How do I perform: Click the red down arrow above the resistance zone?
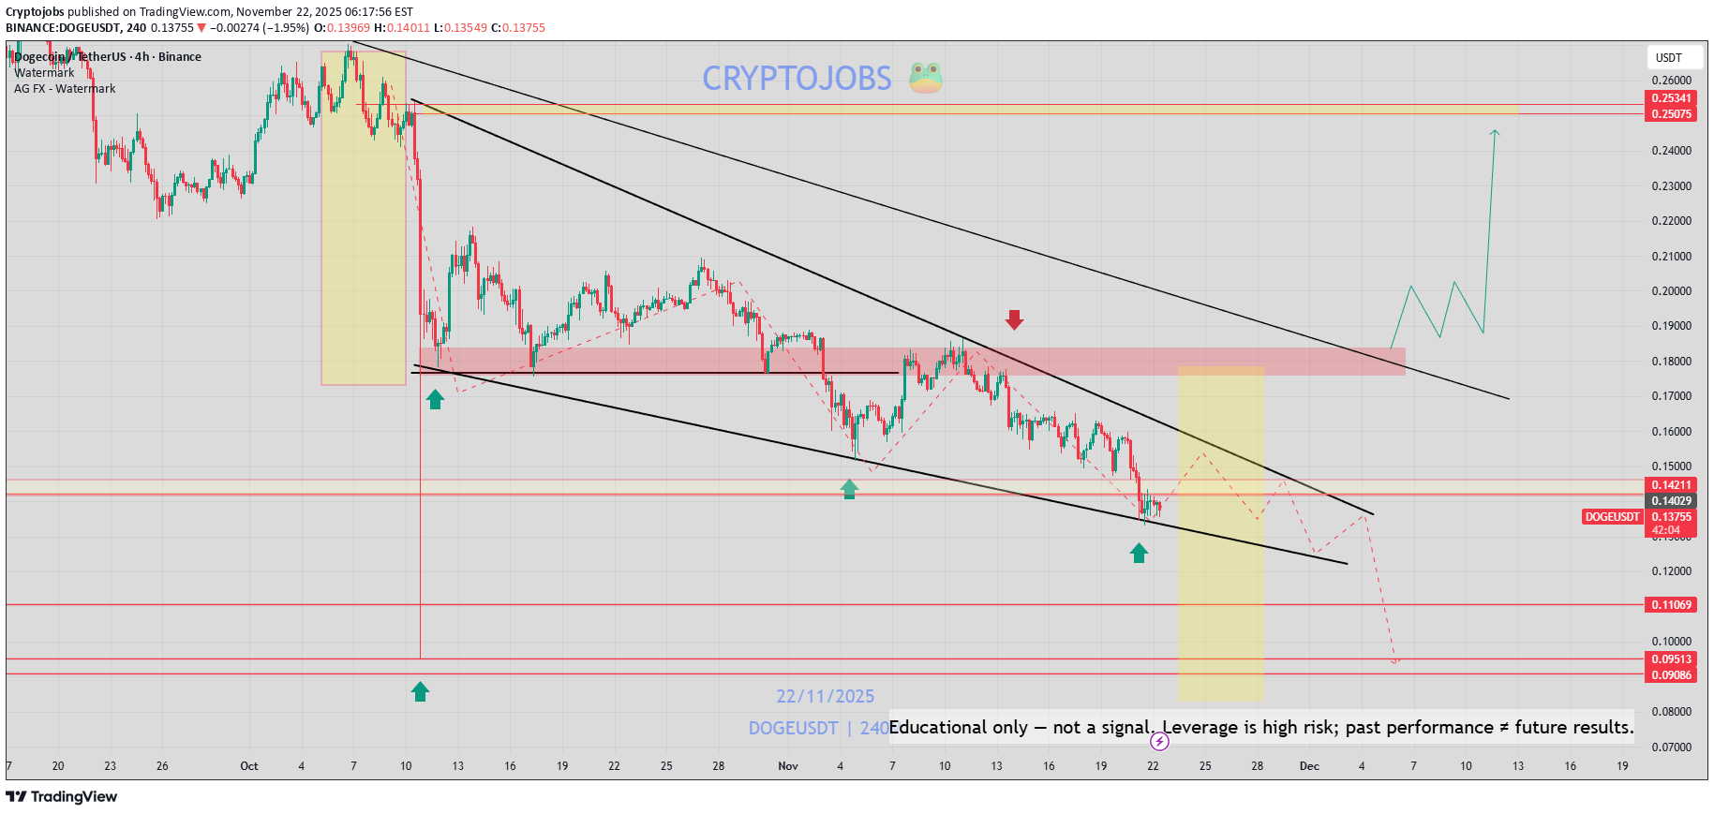point(1014,320)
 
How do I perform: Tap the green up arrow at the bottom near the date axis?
point(420,691)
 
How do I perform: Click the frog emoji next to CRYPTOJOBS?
point(925,78)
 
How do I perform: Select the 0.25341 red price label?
point(1671,98)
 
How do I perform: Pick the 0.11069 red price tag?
point(1671,605)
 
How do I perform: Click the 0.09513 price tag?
point(1671,659)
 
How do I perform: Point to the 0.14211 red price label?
point(1671,485)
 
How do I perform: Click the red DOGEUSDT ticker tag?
point(1612,517)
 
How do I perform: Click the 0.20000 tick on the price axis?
point(1671,291)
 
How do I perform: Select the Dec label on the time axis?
point(1309,766)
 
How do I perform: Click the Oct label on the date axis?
point(249,766)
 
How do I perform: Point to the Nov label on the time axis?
point(788,766)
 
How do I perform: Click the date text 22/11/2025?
point(825,697)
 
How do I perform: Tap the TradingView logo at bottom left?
point(62,797)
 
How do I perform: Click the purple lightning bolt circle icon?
point(1159,742)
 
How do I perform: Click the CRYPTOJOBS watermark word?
point(797,79)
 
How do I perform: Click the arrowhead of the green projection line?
point(1495,133)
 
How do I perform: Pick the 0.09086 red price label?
point(1671,675)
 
